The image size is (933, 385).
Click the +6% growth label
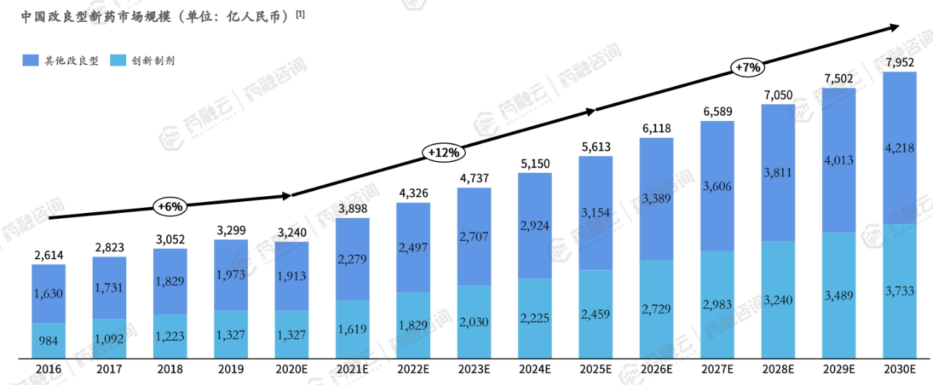tap(170, 206)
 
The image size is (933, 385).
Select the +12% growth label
tap(443, 152)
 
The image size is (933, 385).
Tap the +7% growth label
tap(748, 67)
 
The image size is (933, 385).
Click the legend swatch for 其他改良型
tap(31, 61)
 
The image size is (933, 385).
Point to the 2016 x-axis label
tap(48, 370)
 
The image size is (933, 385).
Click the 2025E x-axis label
tap(596, 370)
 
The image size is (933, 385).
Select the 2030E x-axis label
tap(899, 370)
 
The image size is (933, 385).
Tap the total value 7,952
tap(899, 63)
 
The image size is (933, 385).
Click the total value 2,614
tap(48, 256)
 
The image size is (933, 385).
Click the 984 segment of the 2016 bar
tap(48, 341)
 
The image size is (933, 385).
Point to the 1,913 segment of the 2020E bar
tap(292, 276)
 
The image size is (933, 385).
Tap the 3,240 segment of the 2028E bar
tap(778, 300)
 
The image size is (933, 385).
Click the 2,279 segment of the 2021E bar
tap(352, 260)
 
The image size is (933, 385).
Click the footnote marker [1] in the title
tap(300, 12)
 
